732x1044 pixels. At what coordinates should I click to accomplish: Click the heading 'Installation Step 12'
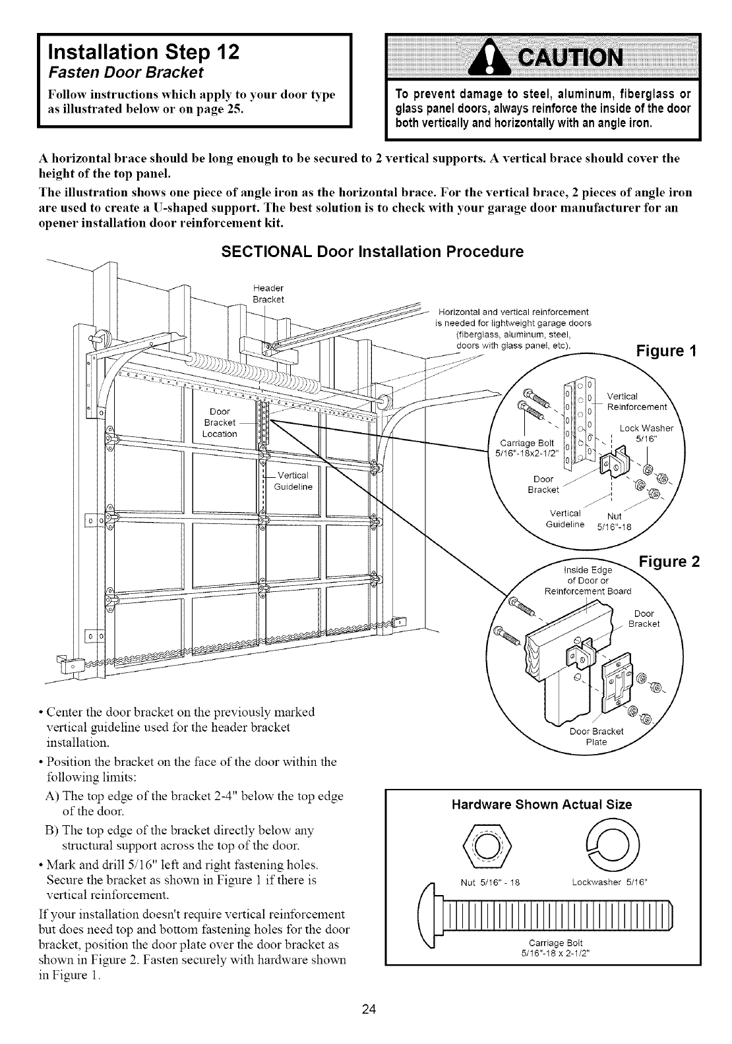(138, 51)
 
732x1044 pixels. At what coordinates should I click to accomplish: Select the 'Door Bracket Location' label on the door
(220, 422)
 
